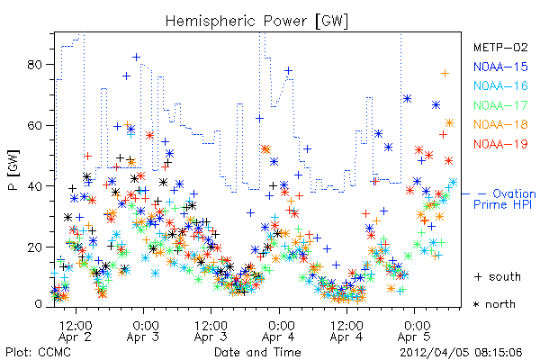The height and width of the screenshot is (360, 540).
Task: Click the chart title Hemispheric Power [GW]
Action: tap(256, 22)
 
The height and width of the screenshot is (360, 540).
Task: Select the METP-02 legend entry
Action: tap(500, 47)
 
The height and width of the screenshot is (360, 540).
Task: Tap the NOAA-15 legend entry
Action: tap(500, 67)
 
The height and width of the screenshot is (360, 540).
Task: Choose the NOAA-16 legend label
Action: tap(500, 85)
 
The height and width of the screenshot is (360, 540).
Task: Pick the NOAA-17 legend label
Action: tap(500, 105)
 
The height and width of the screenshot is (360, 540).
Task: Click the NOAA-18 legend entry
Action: tap(500, 124)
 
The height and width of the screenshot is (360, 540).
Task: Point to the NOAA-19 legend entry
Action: tap(500, 144)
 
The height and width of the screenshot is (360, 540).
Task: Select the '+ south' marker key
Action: tap(498, 276)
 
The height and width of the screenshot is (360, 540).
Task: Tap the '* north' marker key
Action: tap(494, 304)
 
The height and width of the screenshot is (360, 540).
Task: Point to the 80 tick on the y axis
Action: tap(34, 65)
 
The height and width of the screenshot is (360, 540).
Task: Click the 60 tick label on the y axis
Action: tap(34, 125)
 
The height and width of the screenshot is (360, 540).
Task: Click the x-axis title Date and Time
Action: tap(257, 352)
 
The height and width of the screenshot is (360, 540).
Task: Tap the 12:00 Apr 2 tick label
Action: tap(76, 331)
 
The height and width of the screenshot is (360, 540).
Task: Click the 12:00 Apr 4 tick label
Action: tap(346, 331)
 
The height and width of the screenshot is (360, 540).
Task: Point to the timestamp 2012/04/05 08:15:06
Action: tap(461, 352)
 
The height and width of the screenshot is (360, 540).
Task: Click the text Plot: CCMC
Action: tap(38, 352)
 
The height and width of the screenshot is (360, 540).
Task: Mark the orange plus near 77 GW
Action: tap(445, 74)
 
